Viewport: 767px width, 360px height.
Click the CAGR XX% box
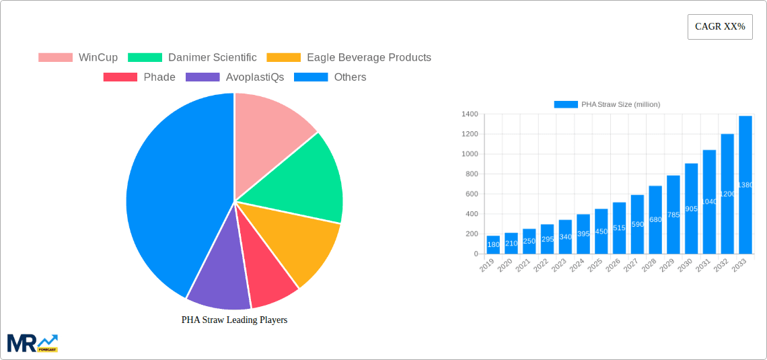(x=720, y=27)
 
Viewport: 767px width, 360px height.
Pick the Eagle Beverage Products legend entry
(x=349, y=57)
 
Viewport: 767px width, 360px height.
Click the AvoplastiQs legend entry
(x=235, y=77)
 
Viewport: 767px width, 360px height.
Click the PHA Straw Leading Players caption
(x=234, y=320)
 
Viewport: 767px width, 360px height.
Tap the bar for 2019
(x=493, y=245)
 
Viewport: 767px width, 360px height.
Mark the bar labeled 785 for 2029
(x=673, y=215)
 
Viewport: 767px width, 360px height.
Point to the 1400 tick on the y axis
(x=470, y=114)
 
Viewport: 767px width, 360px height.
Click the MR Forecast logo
(x=32, y=343)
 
